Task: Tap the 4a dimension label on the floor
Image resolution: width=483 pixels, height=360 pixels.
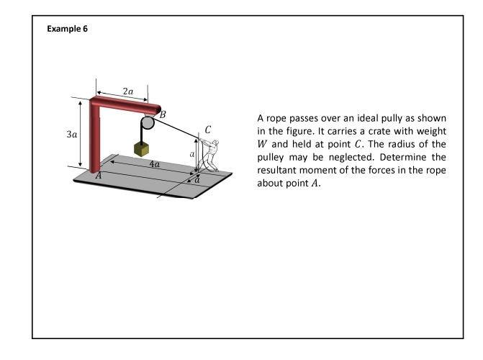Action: (x=153, y=164)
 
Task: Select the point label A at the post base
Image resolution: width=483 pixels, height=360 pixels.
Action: (x=99, y=176)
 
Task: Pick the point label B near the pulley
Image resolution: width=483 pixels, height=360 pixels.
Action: (x=163, y=114)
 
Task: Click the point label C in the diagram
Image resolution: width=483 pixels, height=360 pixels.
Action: (x=208, y=130)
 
